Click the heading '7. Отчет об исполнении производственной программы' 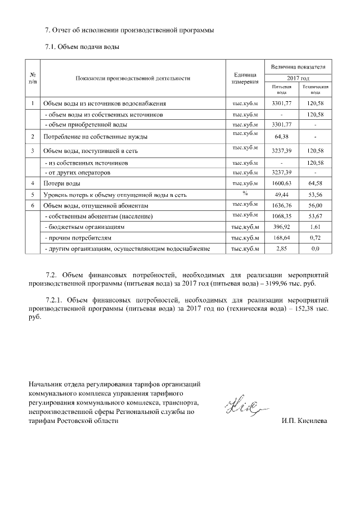(x=129, y=29)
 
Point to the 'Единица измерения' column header (x=245, y=78)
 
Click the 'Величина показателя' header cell (x=298, y=66)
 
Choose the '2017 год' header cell (x=298, y=78)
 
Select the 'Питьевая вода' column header (x=281, y=90)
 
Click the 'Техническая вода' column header (x=315, y=90)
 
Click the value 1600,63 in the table (x=281, y=183)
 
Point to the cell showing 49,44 (x=281, y=195)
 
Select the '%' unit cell (x=245, y=194)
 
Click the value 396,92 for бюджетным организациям (x=281, y=227)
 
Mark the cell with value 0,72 (x=315, y=237)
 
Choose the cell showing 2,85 (x=281, y=248)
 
